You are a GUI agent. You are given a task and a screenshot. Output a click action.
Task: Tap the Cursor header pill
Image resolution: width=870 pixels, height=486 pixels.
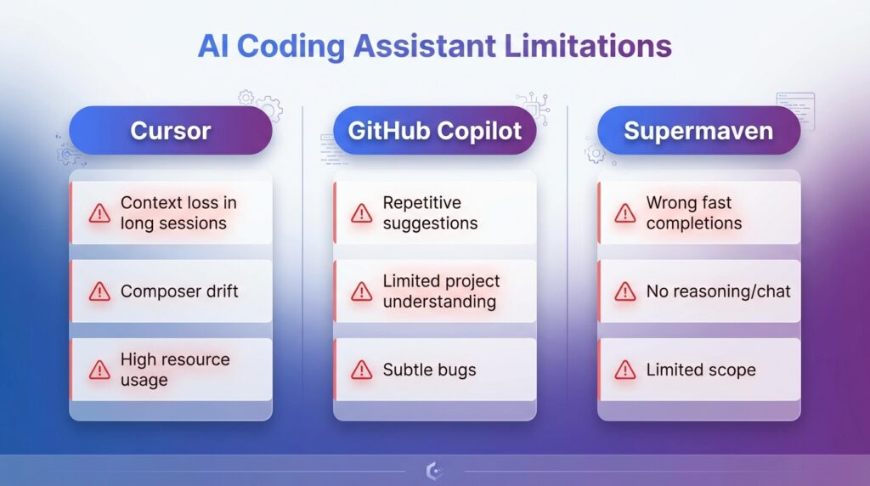coord(170,131)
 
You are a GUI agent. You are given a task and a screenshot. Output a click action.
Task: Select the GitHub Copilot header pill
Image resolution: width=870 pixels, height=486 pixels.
coord(435,131)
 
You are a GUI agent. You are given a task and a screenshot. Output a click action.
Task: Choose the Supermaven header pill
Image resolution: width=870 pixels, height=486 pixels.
coord(698,131)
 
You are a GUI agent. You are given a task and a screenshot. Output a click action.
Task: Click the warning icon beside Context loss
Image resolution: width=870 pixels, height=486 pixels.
coord(99,213)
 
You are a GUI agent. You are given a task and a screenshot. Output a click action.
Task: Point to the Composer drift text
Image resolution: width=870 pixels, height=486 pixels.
coord(179,291)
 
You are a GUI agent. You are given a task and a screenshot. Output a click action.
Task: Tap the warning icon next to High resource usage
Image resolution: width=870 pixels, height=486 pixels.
coord(99,370)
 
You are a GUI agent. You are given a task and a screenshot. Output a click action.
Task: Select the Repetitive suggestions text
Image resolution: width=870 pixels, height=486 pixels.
coord(430,213)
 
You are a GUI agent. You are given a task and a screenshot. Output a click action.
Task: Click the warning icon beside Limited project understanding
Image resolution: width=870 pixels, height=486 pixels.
coord(362,291)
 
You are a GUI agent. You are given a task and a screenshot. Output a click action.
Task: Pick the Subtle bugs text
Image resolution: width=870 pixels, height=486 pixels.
coord(429,370)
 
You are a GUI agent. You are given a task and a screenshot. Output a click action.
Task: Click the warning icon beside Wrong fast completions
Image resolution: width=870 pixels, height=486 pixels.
coord(625,213)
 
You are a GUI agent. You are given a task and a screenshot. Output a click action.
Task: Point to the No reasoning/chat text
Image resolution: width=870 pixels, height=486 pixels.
coord(718,291)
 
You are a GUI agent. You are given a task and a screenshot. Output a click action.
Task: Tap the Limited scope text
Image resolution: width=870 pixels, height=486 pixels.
coord(701,370)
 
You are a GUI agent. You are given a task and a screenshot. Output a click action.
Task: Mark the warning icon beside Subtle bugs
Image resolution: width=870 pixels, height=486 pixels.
coord(362,370)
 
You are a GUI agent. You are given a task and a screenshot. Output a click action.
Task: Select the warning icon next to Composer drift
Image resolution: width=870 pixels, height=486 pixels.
coord(99,291)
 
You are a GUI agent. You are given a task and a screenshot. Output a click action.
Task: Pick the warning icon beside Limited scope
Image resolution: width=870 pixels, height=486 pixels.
coord(625,370)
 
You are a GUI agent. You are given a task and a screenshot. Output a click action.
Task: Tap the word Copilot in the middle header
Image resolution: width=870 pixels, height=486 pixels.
coord(480,131)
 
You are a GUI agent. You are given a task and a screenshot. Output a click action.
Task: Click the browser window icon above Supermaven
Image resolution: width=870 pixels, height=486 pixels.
coord(795,109)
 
